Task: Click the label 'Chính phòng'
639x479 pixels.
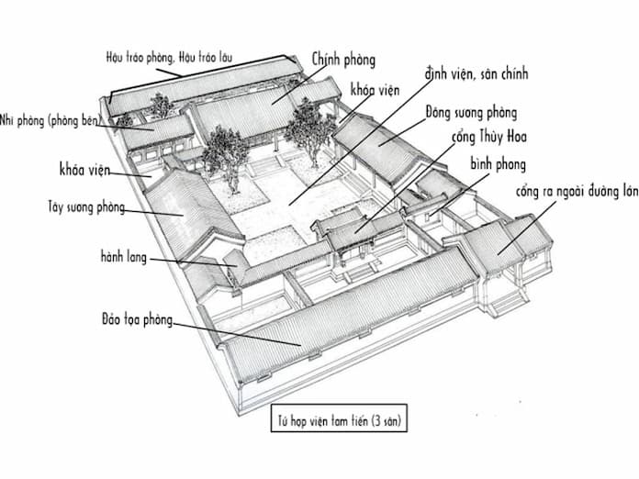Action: [343, 60]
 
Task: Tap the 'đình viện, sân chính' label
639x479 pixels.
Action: [476, 72]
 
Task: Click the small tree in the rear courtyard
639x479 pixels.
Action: [162, 105]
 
